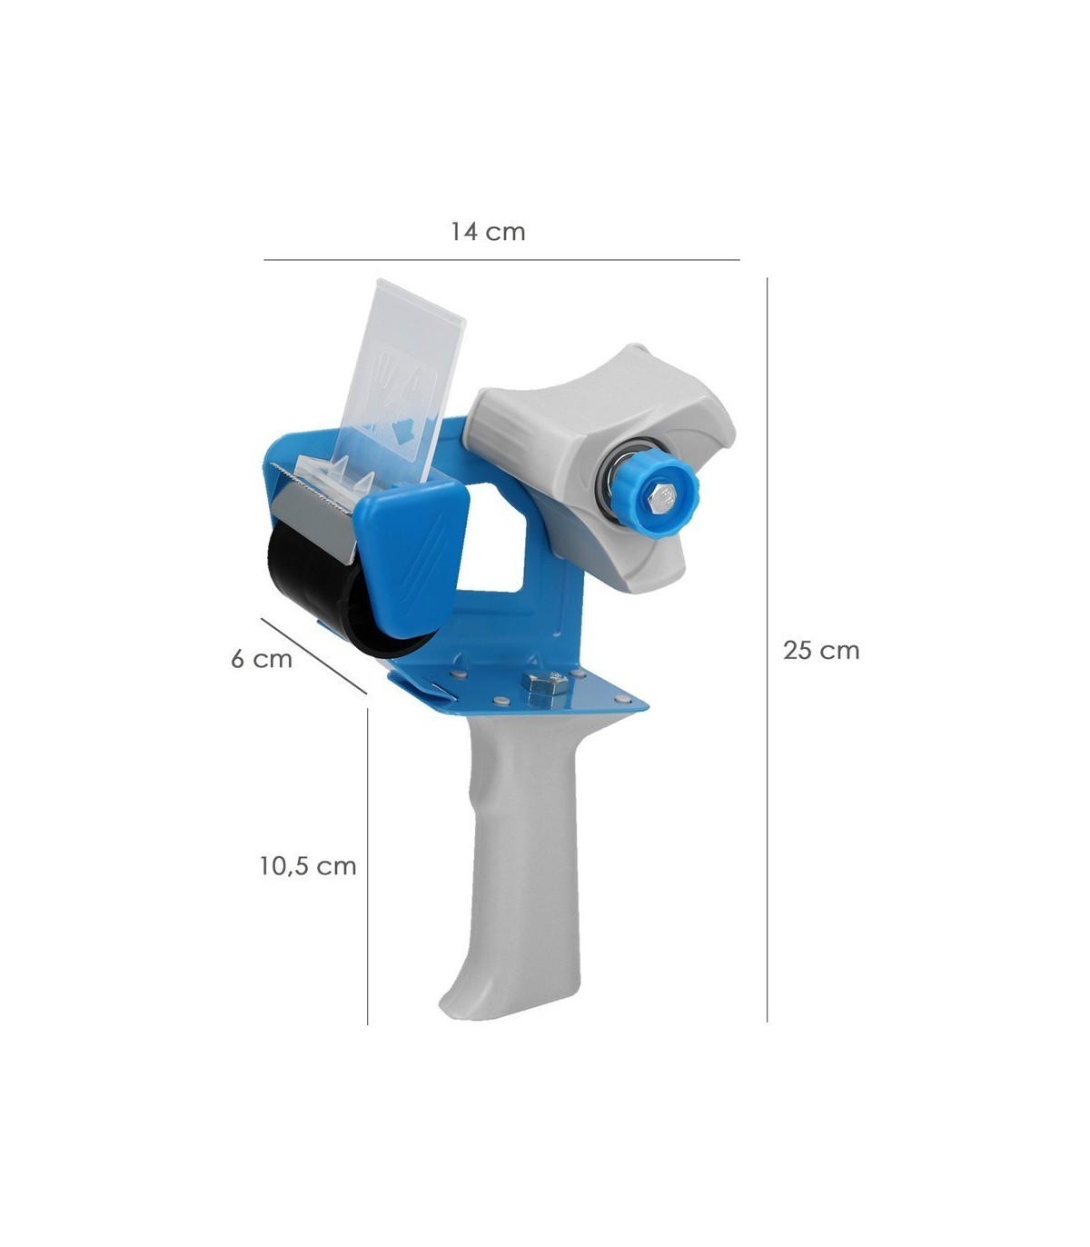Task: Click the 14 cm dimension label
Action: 488,232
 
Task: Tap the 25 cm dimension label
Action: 821,651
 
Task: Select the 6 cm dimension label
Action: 262,659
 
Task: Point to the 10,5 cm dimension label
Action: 308,866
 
